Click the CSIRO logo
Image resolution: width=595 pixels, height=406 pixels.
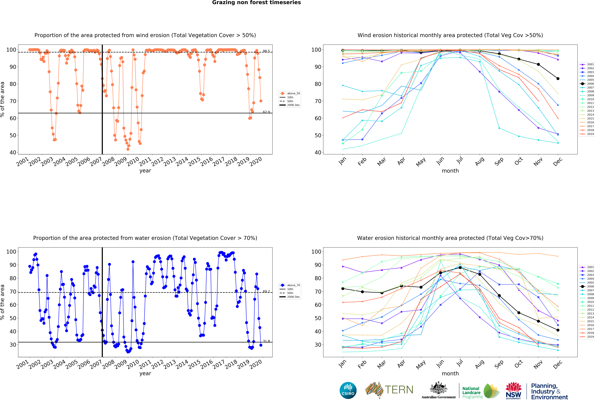click(x=348, y=390)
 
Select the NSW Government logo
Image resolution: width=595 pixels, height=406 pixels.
click(x=513, y=391)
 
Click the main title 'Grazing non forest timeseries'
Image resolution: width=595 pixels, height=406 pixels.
click(x=256, y=3)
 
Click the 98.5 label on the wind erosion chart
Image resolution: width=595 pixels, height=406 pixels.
click(x=266, y=51)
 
